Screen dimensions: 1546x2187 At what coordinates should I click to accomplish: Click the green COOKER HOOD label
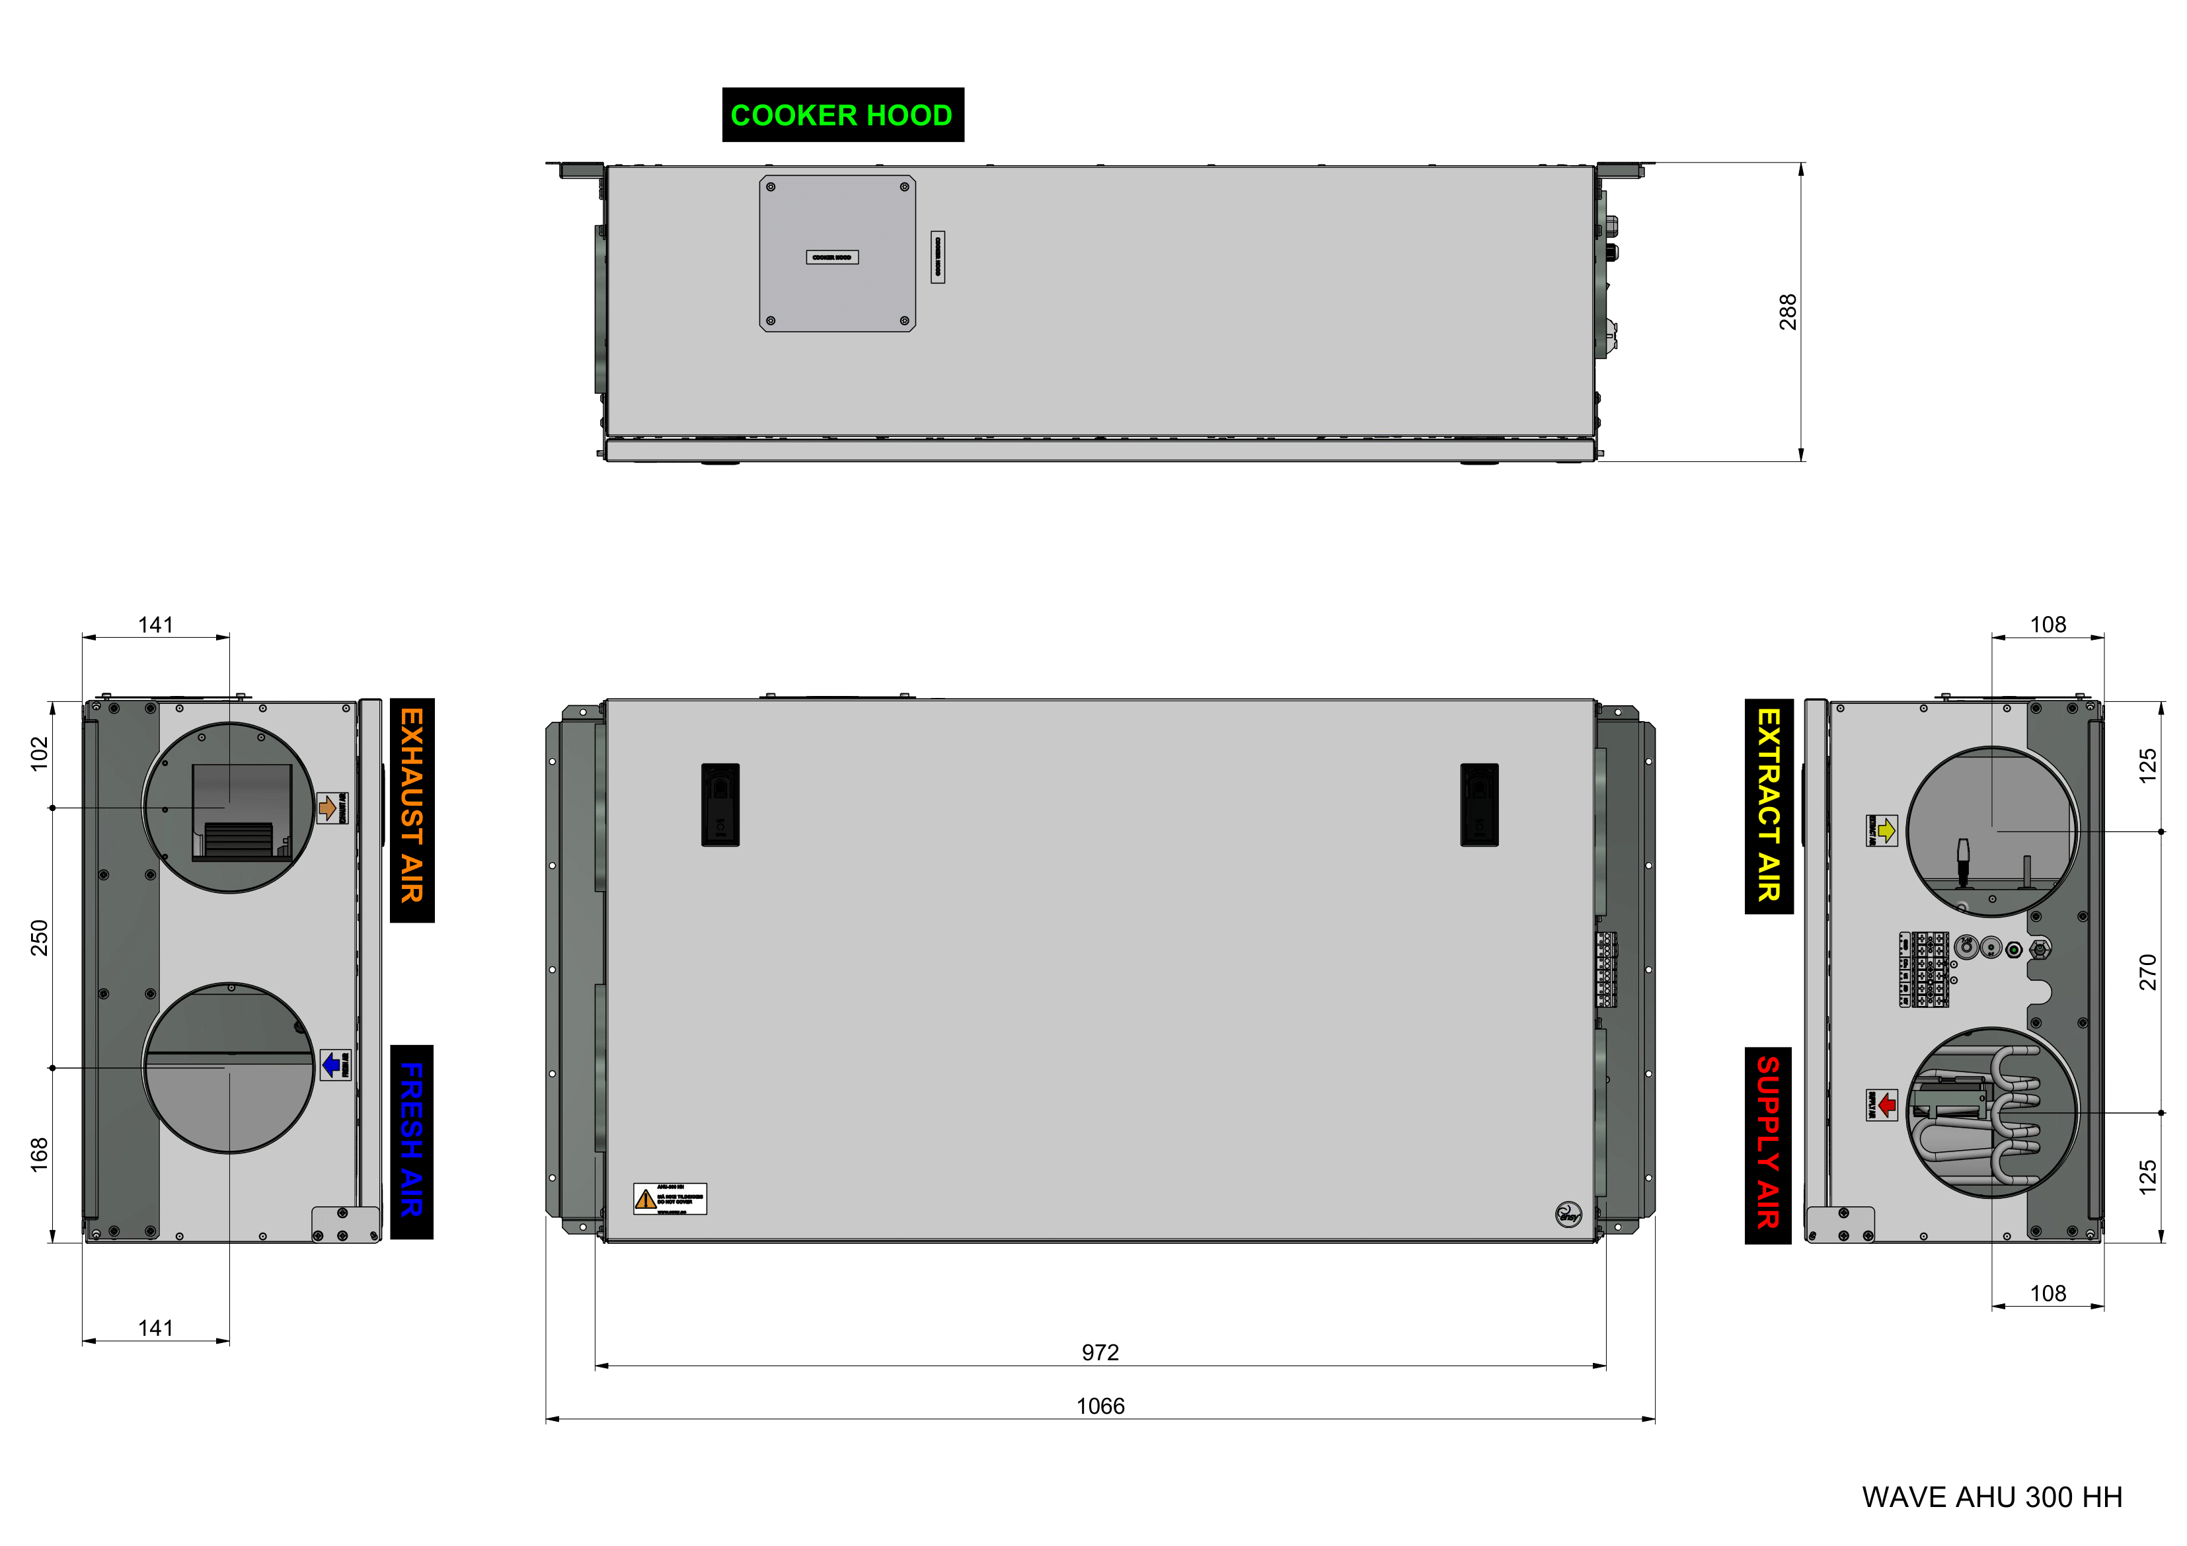[x=842, y=115]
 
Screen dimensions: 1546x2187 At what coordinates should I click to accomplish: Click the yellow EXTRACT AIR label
[x=1768, y=805]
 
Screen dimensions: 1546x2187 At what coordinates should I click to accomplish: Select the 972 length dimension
[x=1100, y=1352]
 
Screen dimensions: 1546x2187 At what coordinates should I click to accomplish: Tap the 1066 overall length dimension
[x=1100, y=1406]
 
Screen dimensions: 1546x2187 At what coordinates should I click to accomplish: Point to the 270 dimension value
[x=2147, y=972]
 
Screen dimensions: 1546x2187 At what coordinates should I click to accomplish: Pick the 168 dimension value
[x=39, y=1153]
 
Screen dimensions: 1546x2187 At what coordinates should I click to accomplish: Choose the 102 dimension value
[x=39, y=753]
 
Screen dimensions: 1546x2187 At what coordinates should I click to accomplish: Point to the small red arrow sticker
[x=1881, y=1105]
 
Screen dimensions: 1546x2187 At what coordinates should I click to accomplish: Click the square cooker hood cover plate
[x=837, y=253]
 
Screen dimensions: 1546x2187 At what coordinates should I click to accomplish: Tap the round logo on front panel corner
[x=1567, y=1214]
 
